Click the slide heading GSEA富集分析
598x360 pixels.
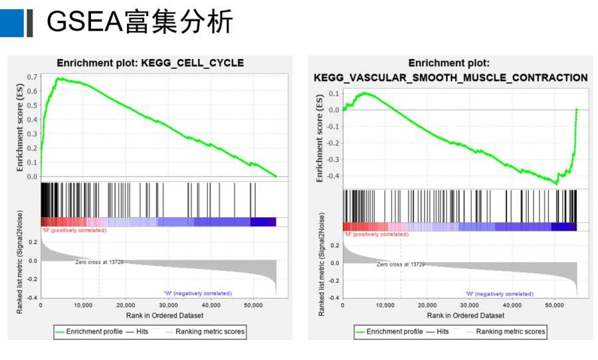[x=140, y=22]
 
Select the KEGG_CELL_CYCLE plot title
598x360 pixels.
[x=150, y=63]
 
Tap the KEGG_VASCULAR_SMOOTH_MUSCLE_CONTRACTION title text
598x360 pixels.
[x=450, y=78]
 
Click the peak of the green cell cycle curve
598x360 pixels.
[x=59, y=78]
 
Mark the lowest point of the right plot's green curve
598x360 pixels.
[x=557, y=183]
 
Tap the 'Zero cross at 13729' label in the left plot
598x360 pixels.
[x=98, y=262]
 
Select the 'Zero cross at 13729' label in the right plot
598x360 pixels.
[x=400, y=264]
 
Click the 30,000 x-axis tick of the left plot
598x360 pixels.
[x=168, y=305]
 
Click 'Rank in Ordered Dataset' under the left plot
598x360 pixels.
[x=157, y=315]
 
